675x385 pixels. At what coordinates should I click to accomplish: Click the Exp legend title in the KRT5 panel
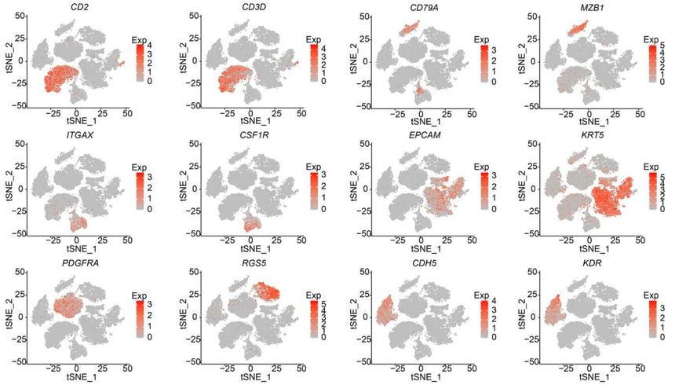click(x=650, y=167)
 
